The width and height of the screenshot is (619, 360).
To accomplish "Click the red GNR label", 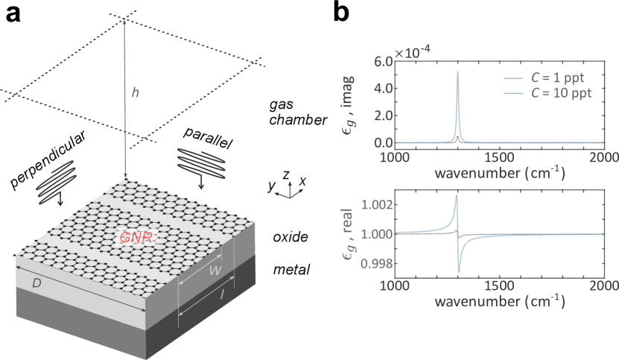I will (135, 238).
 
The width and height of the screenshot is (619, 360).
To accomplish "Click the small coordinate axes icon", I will (289, 192).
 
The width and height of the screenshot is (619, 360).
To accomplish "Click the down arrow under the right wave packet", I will (202, 183).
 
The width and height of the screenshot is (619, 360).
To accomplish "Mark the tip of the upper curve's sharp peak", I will (458, 72).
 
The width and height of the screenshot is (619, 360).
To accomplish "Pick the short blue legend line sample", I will (513, 93).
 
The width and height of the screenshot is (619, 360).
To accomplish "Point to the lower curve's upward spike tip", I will (457, 195).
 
